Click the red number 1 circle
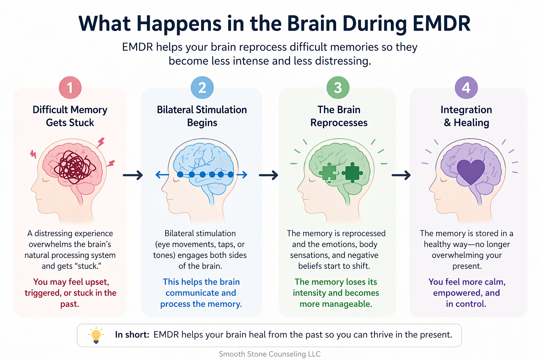(x=70, y=88)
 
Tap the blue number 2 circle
(x=202, y=88)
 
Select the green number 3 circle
(x=338, y=88)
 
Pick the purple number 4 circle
(x=466, y=88)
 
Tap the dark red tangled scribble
(x=74, y=167)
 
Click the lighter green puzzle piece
(x=329, y=172)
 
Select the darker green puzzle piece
(x=352, y=172)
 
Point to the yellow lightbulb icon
(x=96, y=335)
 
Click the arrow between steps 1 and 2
(x=133, y=175)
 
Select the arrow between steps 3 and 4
(x=401, y=175)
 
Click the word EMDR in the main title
(x=441, y=24)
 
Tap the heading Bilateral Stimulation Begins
(x=202, y=116)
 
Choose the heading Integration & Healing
(x=466, y=116)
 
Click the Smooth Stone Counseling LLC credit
(x=270, y=354)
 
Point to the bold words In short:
(x=132, y=335)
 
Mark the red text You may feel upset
(x=71, y=282)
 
